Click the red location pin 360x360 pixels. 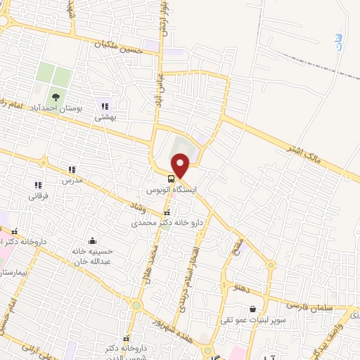[x=181, y=165]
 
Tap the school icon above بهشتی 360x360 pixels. [x=105, y=106]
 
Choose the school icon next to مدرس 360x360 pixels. [x=72, y=169]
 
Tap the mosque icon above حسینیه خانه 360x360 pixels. [x=92, y=240]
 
